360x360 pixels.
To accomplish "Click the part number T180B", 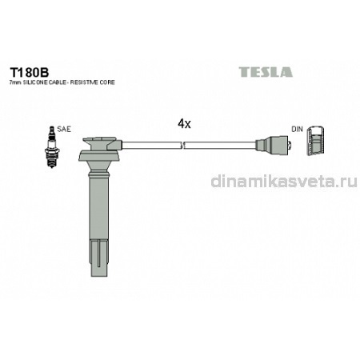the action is (x=30, y=72).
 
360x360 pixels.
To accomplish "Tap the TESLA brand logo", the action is (x=266, y=72).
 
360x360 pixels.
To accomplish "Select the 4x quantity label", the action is (x=184, y=124).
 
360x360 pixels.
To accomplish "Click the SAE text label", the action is (x=64, y=130).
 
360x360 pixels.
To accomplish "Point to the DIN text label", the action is (x=297, y=130).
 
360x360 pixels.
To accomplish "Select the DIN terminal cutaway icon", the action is (x=315, y=140).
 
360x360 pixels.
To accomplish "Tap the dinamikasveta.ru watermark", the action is (x=284, y=182).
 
